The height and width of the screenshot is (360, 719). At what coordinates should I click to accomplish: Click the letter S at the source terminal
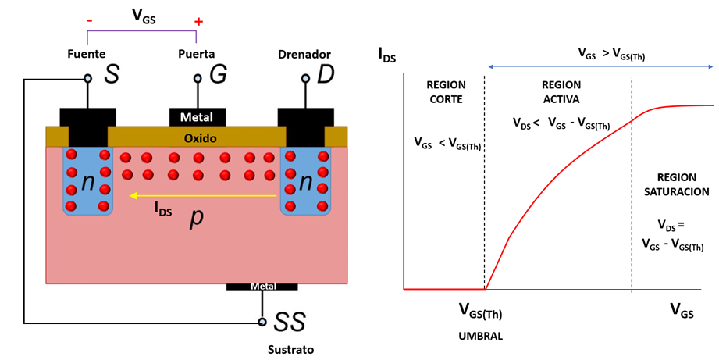coord(112,75)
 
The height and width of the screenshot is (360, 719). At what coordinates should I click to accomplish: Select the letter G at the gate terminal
coord(219,75)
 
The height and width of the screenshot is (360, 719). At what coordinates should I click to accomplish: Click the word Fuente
coord(87,54)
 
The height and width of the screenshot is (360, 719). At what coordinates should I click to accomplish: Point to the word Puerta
coord(196,54)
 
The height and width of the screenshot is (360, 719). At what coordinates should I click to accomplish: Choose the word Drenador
coord(304,54)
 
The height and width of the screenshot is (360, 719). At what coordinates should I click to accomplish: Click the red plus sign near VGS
coord(198,21)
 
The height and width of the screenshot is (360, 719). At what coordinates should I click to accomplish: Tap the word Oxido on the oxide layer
coord(200,138)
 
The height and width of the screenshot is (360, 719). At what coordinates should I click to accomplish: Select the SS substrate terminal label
coord(289,321)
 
